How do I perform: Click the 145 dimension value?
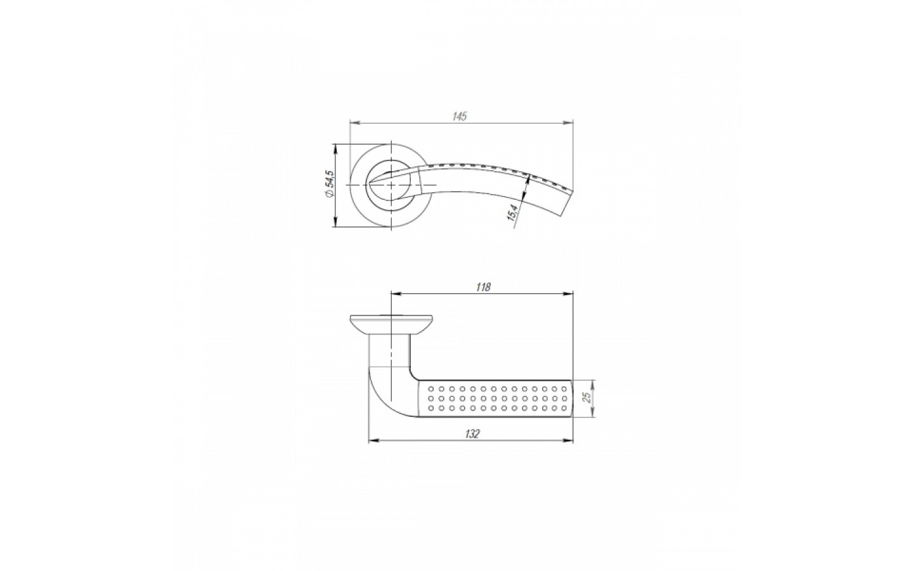459,116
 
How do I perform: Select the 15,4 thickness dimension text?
512,212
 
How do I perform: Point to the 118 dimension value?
483,287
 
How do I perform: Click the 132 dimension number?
472,434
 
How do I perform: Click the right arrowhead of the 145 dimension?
568,122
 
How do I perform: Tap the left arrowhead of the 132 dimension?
374,440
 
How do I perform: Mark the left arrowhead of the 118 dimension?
397,293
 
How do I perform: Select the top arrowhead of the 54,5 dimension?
335,149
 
